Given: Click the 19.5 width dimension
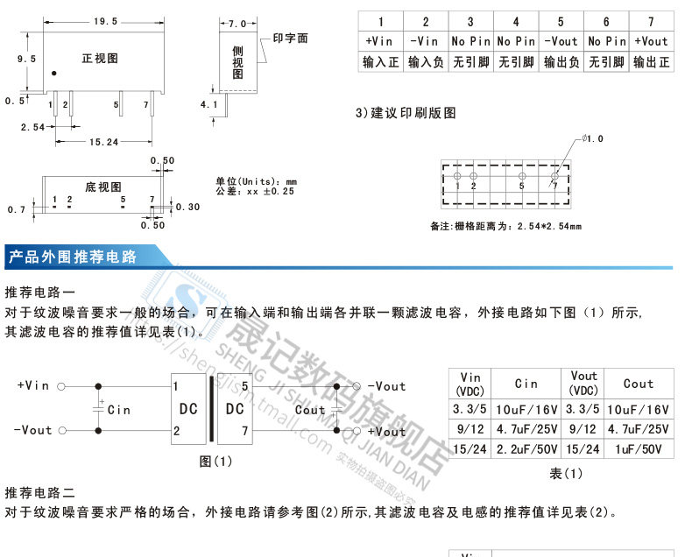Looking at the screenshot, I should pos(105,21).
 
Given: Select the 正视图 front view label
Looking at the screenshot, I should pos(100,59).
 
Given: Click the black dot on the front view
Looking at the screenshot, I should pos(54,74).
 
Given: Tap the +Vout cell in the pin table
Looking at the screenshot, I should pos(651,41).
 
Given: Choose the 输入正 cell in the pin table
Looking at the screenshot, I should pos(380,62).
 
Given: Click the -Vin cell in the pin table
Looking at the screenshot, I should pos(425,41).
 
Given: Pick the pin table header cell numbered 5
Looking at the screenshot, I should pos(561,21).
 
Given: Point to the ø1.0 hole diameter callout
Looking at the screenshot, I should pos(593,139).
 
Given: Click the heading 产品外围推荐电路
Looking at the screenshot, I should pos(72,257).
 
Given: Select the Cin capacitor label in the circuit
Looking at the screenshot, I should pos(118,409).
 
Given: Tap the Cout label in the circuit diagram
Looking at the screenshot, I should pos(310,409).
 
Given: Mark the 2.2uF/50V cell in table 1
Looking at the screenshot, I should pos(526,449).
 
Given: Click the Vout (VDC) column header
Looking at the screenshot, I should pos(583,384).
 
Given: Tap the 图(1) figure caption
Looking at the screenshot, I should pos(215,461).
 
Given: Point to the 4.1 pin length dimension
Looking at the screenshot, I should pos(208,104).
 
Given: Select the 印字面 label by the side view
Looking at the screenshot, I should pos(290,39).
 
